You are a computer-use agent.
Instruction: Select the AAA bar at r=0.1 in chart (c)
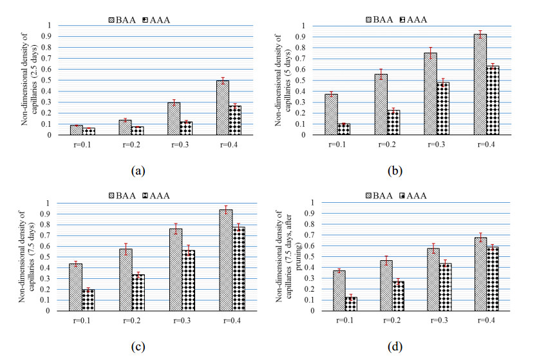(x=88, y=300)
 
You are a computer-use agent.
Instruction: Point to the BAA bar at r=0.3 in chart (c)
(x=175, y=270)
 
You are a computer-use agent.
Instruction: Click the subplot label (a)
(x=138, y=171)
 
